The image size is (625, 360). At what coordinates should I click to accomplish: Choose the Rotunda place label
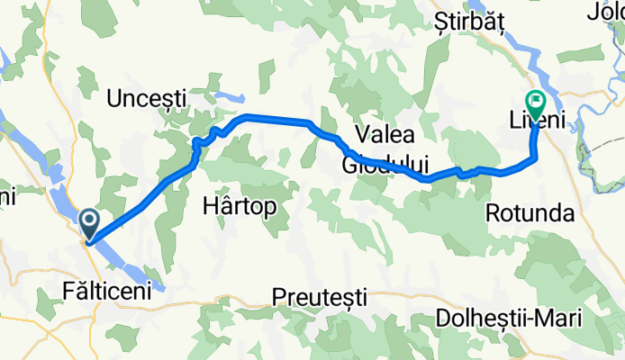[530, 213]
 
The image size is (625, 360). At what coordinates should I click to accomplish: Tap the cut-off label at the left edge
[6, 194]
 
